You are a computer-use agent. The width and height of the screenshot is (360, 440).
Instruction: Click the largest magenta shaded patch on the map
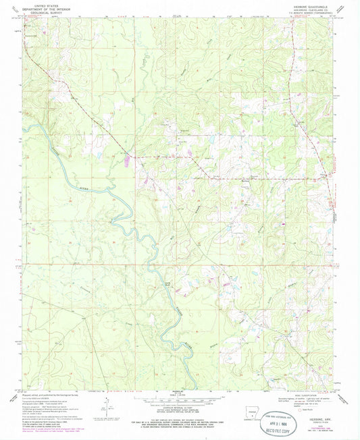tap(128, 160)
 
